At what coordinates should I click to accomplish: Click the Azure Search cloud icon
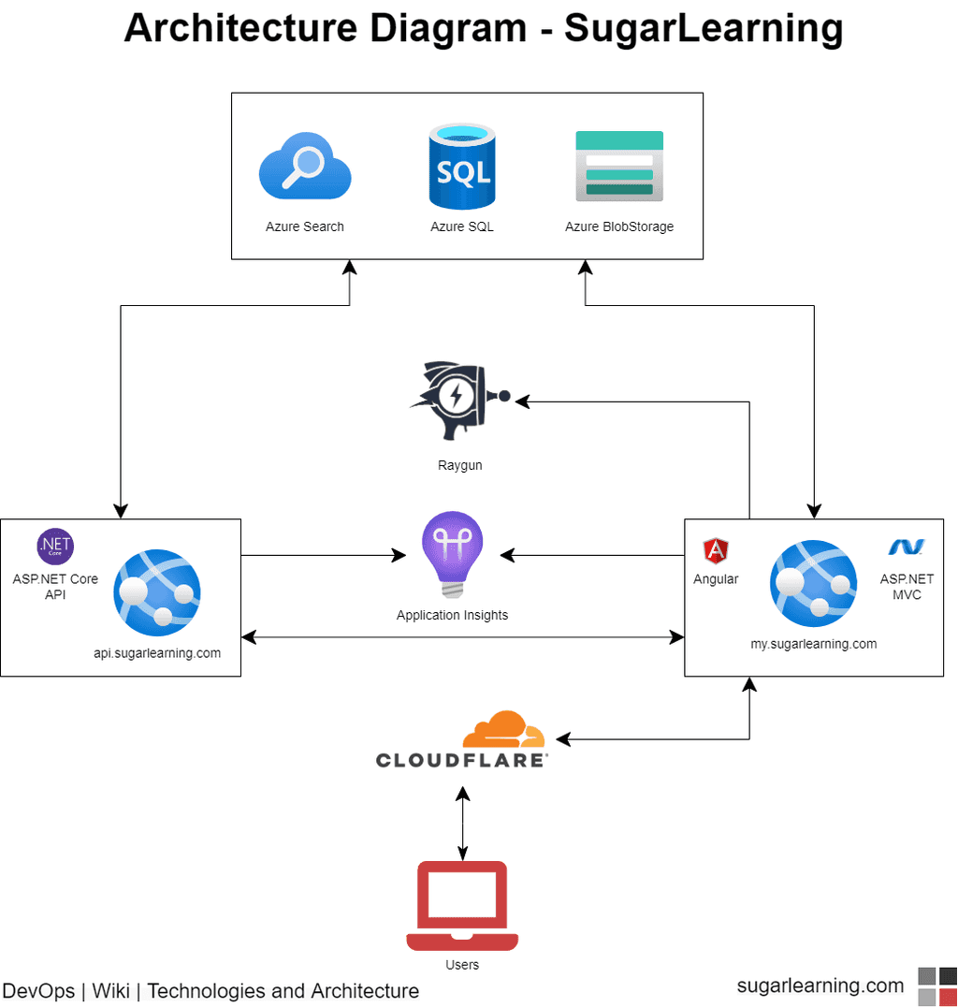[x=304, y=166]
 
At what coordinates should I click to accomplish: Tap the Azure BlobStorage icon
[x=619, y=166]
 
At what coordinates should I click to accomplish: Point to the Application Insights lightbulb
[x=453, y=554]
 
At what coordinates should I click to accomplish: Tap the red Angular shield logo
[x=716, y=550]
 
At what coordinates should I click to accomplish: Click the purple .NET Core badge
[x=55, y=547]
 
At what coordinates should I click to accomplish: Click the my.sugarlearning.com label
[x=814, y=644]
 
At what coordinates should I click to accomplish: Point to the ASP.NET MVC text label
[x=907, y=587]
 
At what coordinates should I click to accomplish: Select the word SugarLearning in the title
[x=704, y=29]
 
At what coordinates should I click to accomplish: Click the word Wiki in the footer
[x=111, y=991]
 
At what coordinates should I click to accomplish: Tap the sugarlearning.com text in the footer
[x=820, y=985]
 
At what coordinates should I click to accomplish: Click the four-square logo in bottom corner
[x=937, y=986]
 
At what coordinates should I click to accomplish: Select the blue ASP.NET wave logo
[x=906, y=547]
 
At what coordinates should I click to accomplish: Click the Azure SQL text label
[x=461, y=226]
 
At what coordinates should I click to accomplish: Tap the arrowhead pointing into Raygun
[x=522, y=401]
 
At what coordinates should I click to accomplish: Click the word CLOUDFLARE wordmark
[x=461, y=760]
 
